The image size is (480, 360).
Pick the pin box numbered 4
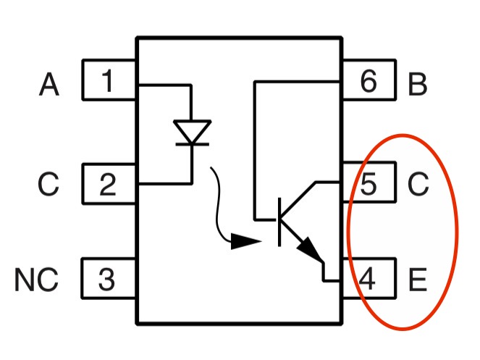[369, 279]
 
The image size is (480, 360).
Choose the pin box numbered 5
[369, 185]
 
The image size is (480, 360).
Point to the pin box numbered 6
[369, 83]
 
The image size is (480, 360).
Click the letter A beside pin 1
[49, 85]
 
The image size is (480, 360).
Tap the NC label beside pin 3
[36, 280]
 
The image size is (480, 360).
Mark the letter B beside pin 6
[418, 85]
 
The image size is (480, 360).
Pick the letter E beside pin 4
[418, 280]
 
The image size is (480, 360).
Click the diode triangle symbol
[192, 132]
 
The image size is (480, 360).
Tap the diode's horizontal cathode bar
[192, 144]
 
